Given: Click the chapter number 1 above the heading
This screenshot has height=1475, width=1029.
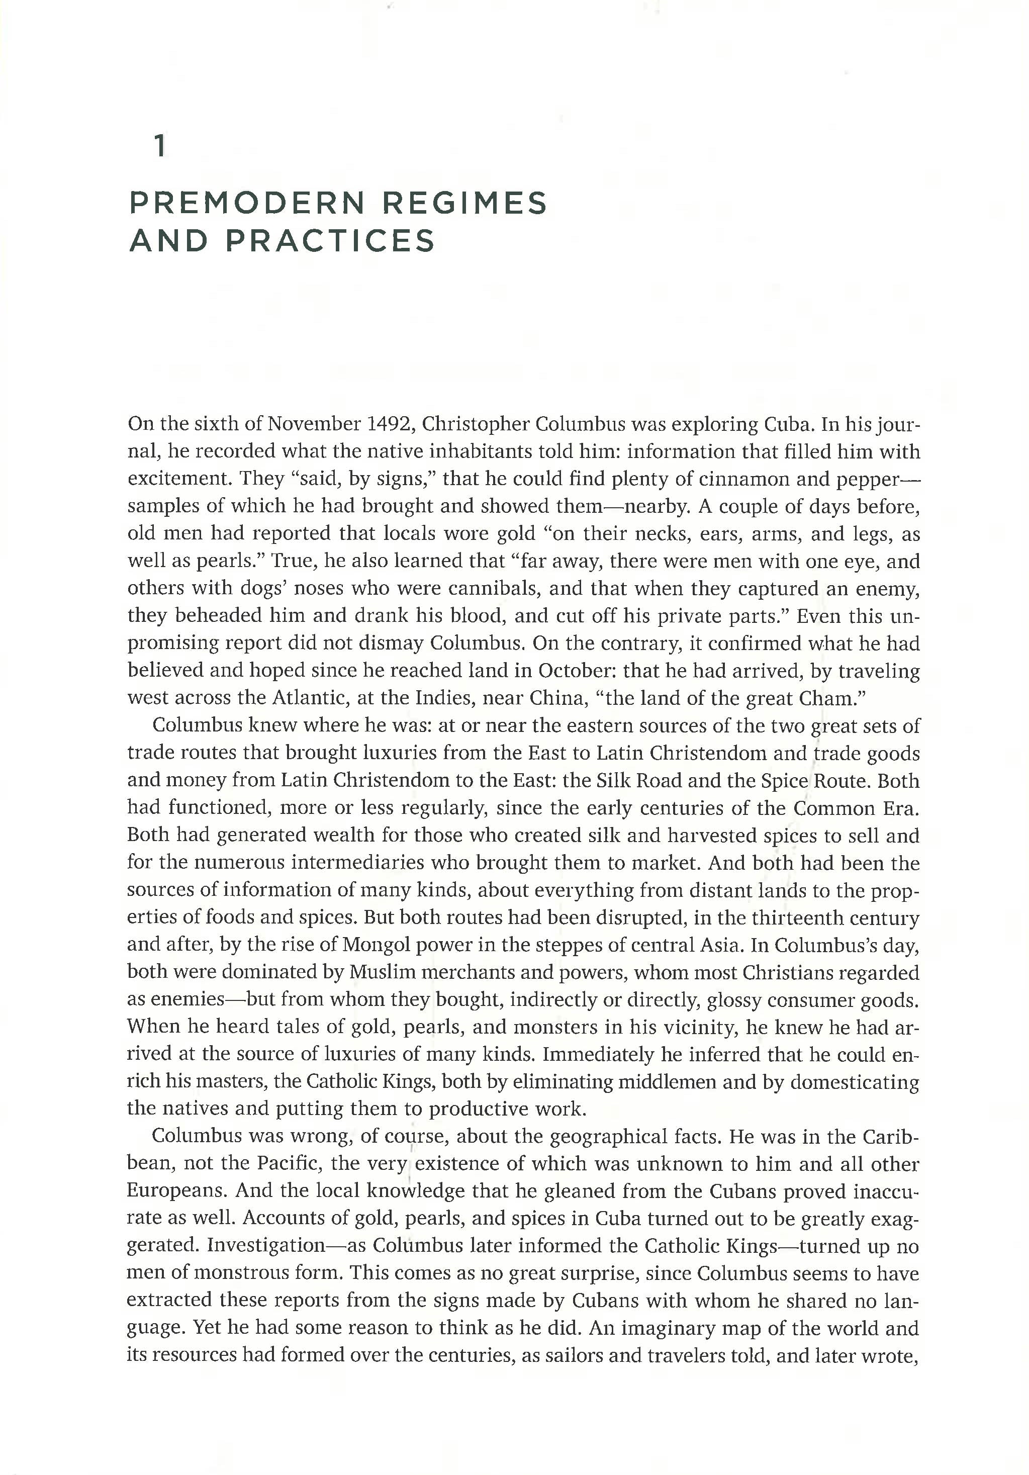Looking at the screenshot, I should tap(160, 147).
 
